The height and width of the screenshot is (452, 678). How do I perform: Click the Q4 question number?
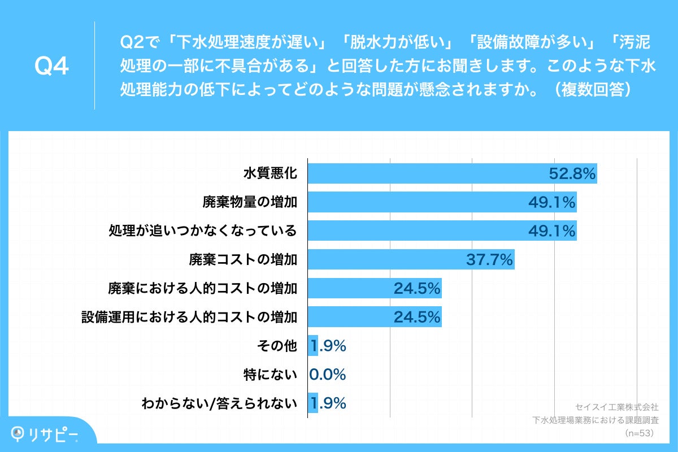coord(51,66)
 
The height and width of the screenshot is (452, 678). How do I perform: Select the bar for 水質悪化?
coord(429,173)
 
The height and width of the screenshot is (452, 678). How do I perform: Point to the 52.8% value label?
coord(572,174)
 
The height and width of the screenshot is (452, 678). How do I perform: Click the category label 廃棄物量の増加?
coord(250,202)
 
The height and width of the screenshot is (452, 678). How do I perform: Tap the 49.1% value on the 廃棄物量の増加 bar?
coord(552,202)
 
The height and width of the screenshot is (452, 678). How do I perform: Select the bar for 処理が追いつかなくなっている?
coord(418,231)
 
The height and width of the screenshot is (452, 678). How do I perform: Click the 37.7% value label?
coord(489,259)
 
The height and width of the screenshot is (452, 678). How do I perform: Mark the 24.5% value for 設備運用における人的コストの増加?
coord(417,317)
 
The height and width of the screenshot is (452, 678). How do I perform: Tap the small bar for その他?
coord(312,346)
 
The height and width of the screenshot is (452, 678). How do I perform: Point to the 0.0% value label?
coord(328,375)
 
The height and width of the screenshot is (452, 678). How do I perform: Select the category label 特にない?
coord(270,375)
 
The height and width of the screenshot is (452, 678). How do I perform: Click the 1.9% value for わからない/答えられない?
coord(328,403)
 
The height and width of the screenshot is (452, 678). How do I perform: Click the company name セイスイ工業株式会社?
coord(616,406)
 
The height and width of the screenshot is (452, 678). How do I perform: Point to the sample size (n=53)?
coord(638,433)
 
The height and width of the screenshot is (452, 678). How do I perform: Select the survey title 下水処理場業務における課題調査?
coord(596,420)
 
